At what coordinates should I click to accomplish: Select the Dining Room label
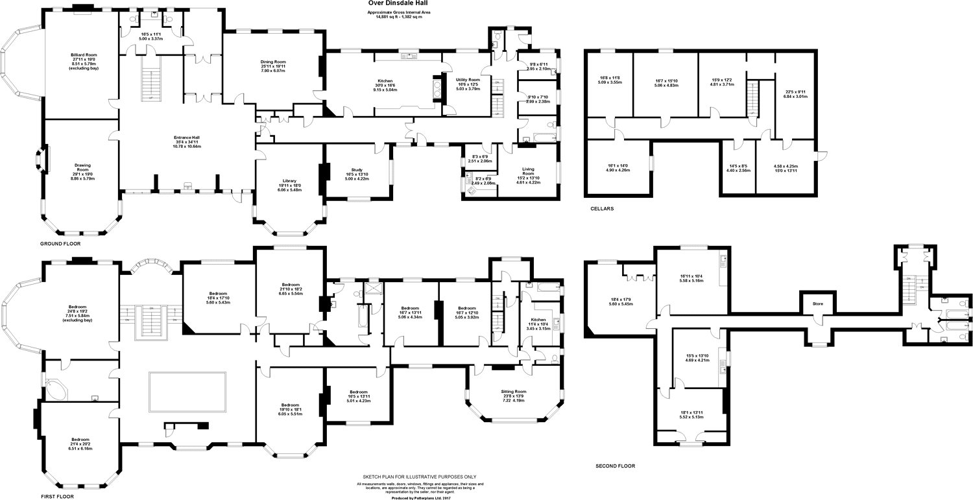click(273, 62)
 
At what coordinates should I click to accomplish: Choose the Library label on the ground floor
click(290, 181)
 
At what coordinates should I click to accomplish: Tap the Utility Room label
click(468, 78)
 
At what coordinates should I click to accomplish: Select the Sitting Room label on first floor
click(513, 392)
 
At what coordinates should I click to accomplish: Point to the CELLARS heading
click(602, 209)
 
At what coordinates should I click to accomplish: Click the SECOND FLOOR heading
click(615, 466)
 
